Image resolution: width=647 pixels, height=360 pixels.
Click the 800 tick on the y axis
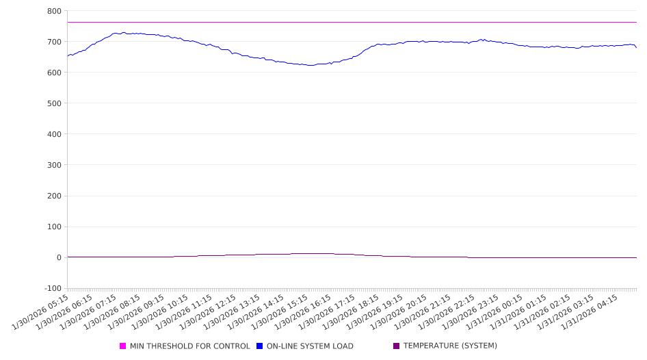pos(53,11)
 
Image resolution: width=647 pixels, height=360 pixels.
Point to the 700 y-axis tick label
pos(53,42)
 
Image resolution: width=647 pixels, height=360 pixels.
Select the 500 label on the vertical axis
pos(53,103)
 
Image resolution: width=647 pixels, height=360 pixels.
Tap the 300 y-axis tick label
pos(53,165)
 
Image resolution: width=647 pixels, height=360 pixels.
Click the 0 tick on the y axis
pos(58,257)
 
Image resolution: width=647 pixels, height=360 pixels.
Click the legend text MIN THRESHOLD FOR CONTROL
pos(189,346)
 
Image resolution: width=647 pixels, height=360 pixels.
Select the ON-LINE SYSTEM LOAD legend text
pos(310,346)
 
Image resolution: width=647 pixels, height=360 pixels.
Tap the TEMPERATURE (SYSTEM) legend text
pos(450,346)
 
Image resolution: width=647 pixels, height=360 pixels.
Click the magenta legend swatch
pos(123,346)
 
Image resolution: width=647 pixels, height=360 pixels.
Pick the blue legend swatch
pos(260,346)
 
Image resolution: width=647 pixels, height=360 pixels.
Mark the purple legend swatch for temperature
pos(397,346)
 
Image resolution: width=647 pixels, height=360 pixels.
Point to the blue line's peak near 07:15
pos(123,32)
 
